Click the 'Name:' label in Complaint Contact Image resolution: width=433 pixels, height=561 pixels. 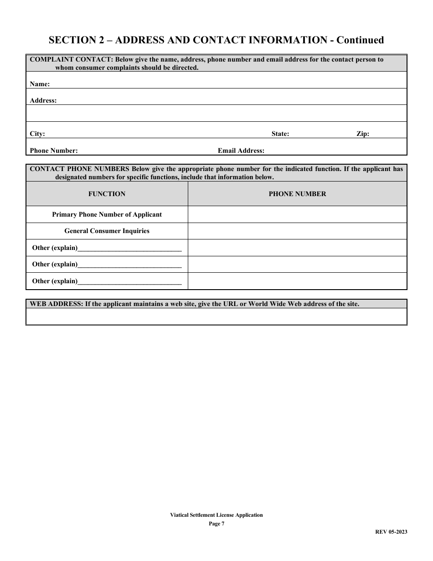pos(40,84)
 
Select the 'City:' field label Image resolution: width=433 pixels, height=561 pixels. pos(37,134)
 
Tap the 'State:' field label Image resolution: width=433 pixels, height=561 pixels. pos(280,134)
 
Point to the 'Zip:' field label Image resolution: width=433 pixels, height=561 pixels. pos(363,134)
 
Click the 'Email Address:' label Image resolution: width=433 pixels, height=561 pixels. pos(241,151)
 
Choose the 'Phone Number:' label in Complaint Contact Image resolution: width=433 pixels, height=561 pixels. pos(54,151)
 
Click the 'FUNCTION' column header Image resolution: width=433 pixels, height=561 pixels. pos(107,194)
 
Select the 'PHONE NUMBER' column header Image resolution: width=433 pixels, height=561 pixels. pos(297,194)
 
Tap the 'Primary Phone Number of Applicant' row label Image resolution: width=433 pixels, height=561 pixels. pos(107,214)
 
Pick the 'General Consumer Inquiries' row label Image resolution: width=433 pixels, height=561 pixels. pos(107,231)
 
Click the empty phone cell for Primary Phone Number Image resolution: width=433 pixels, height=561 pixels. pos(297,214)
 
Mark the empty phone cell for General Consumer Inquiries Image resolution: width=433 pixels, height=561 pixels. pos(297,231)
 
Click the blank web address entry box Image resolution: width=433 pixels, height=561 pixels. pos(216,317)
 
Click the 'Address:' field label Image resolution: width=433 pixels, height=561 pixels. pos(43,101)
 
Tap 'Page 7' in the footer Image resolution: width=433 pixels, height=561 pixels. pos(216,524)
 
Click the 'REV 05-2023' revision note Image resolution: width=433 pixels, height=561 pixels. pos(391,532)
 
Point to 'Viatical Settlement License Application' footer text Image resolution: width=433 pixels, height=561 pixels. pos(216,515)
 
